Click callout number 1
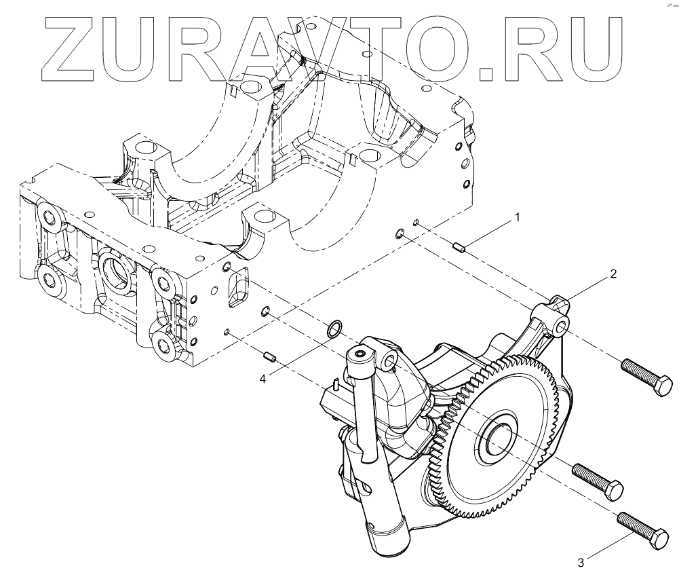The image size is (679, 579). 517,218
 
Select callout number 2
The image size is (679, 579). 613,274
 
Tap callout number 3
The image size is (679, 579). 581,562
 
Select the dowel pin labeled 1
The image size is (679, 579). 459,247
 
